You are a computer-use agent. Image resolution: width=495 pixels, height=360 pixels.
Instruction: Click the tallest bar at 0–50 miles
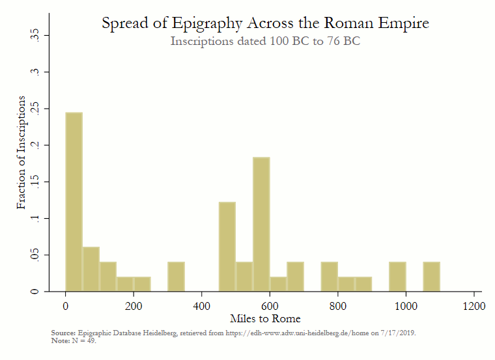[x=74, y=202]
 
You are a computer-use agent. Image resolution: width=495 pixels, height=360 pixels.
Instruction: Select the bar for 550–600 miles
[x=261, y=225]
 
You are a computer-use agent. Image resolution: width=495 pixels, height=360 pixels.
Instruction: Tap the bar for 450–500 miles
[x=227, y=247]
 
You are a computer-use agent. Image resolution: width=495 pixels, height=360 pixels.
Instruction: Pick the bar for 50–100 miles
[x=91, y=269]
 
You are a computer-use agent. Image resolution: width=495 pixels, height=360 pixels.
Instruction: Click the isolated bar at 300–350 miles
[x=176, y=277]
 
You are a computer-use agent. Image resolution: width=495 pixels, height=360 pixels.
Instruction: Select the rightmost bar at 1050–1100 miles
[x=431, y=277]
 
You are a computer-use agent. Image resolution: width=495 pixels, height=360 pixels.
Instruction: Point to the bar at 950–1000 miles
[x=397, y=277]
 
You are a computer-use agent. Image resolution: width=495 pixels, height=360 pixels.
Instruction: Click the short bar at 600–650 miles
[x=278, y=284]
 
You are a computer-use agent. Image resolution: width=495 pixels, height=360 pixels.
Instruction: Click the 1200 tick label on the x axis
[x=474, y=305]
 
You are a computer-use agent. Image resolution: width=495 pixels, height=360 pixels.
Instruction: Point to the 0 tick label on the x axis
[x=66, y=305]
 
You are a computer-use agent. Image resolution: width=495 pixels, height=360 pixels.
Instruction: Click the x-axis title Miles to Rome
[x=265, y=318]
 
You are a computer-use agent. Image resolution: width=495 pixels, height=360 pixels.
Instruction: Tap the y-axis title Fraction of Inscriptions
[x=21, y=152]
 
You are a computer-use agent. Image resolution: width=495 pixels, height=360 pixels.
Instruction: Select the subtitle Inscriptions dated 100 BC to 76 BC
[x=265, y=41]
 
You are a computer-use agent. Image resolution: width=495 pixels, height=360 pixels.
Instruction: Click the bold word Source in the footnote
[x=63, y=333]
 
